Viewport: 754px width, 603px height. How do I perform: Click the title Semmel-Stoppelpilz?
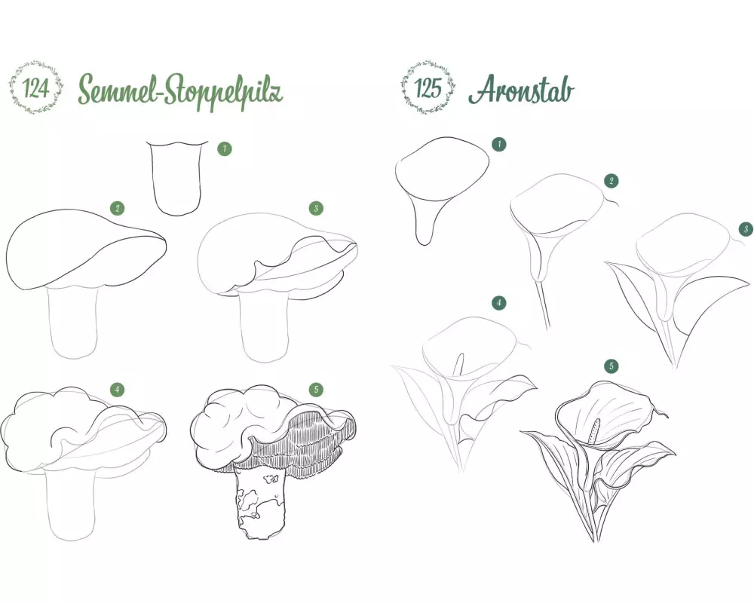pyautogui.click(x=180, y=90)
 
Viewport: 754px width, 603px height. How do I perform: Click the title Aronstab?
pyautogui.click(x=521, y=90)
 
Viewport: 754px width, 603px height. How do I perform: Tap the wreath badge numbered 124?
pyautogui.click(x=35, y=88)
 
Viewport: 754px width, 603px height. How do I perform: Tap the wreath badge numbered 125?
pyautogui.click(x=428, y=87)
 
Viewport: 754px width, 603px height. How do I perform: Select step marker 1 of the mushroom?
pyautogui.click(x=224, y=148)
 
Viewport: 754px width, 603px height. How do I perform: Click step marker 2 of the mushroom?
pyautogui.click(x=117, y=208)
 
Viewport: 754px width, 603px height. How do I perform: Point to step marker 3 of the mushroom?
pyautogui.click(x=316, y=208)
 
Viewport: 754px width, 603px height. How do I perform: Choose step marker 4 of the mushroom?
pyautogui.click(x=117, y=390)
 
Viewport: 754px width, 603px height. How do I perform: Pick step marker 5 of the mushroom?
pyautogui.click(x=316, y=390)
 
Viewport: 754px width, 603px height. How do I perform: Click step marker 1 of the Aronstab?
pyautogui.click(x=498, y=144)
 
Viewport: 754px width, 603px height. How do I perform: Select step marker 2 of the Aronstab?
pyautogui.click(x=611, y=181)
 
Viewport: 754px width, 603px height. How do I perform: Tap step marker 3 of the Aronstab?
pyautogui.click(x=746, y=229)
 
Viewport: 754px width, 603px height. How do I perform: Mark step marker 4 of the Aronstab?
pyautogui.click(x=498, y=303)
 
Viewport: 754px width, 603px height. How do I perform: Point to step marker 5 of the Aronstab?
pyautogui.click(x=611, y=366)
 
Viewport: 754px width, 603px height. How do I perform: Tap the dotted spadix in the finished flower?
pyautogui.click(x=595, y=430)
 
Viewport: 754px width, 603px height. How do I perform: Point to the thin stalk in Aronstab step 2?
pyautogui.click(x=544, y=304)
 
